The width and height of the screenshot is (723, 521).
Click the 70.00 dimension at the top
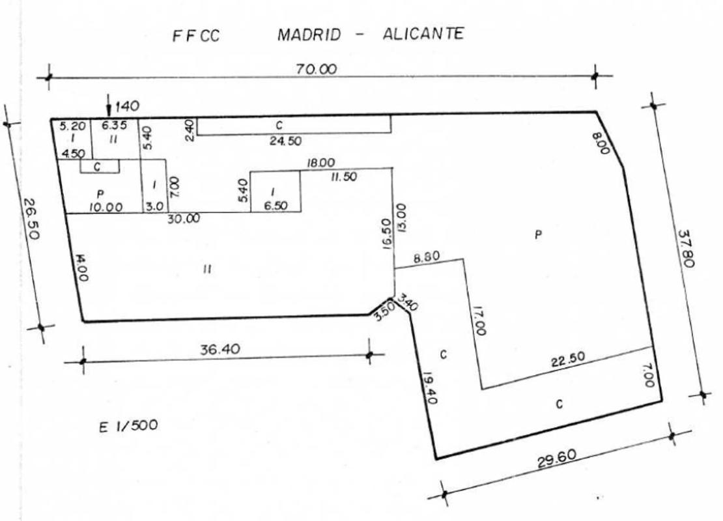point(317,69)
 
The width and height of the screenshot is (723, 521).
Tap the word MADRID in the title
point(309,35)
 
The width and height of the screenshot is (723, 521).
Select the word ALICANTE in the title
point(423,34)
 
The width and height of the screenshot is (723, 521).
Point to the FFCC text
point(196,36)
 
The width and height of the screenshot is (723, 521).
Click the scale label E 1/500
point(128,425)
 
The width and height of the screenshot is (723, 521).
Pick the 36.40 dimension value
point(220,349)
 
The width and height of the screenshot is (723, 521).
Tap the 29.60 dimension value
point(556,458)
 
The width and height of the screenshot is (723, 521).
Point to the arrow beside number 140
point(108,106)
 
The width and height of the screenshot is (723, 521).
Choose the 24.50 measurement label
point(285,141)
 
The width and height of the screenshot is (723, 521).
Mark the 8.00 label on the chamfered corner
point(601,143)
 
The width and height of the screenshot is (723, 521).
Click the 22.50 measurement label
point(568,359)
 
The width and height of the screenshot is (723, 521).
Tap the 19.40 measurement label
point(430,387)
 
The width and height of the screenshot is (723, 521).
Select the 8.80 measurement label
point(427,257)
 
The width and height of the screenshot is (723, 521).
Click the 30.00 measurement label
point(184,219)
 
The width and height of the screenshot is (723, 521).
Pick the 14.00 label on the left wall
point(81,268)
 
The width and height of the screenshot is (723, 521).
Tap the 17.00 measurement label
point(479,321)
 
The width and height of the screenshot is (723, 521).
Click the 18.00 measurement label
point(321,163)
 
